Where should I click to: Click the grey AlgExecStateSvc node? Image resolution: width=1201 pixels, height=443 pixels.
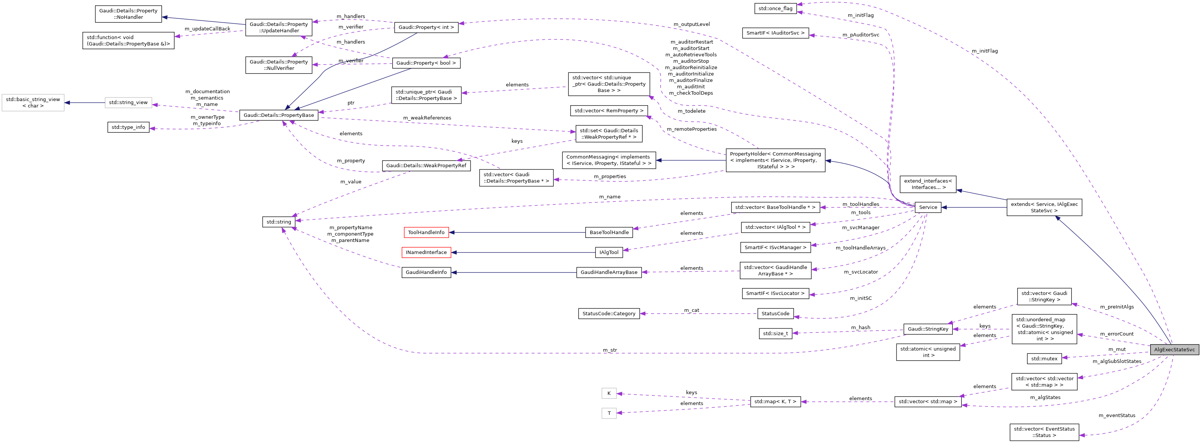pos(1174,349)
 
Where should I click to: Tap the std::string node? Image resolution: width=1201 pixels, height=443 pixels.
pos(278,222)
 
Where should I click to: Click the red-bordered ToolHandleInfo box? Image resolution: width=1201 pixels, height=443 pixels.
pos(426,232)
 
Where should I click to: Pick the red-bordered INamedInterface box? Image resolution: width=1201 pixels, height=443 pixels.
pos(426,252)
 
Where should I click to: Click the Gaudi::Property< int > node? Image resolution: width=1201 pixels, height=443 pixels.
pos(426,27)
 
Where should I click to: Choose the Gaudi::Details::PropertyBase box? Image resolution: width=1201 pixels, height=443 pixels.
pos(278,115)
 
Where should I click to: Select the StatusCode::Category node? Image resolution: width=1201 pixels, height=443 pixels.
pos(609,313)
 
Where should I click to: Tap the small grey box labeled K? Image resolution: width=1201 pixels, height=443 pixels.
pos(609,393)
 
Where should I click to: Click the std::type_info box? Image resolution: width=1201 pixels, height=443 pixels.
pos(128,127)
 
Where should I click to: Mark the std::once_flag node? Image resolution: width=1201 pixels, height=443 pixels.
pos(775,8)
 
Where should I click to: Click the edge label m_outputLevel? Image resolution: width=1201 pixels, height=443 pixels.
pos(691,24)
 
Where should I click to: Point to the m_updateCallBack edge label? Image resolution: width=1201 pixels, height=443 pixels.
pos(208,29)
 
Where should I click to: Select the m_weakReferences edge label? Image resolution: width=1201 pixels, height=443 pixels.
pos(427,118)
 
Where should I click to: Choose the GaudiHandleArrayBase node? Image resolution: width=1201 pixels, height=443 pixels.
pos(609,272)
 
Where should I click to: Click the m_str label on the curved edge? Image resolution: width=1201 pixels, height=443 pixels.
pos(609,350)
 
